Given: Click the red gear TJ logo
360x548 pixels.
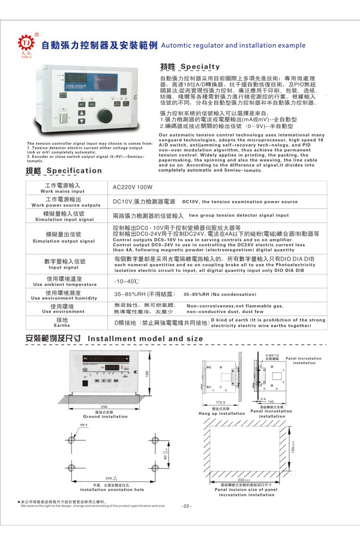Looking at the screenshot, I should [x=25, y=44].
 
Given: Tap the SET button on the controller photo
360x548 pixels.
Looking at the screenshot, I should [x=81, y=104].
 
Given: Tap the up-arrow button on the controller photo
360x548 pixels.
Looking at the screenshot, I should [x=81, y=113].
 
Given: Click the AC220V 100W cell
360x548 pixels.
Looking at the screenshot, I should [x=127, y=187].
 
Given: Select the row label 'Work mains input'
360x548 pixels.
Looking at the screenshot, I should [x=63, y=191].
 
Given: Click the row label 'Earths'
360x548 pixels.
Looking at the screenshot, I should [x=63, y=325].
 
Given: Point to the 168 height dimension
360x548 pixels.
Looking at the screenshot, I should [x=147, y=373].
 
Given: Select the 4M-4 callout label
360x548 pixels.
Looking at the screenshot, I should [x=84, y=425].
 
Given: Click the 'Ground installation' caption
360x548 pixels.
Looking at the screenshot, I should [x=105, y=416].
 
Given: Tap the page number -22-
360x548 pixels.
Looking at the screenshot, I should [x=187, y=506].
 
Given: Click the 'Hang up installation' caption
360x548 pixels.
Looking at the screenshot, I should [x=222, y=413].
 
